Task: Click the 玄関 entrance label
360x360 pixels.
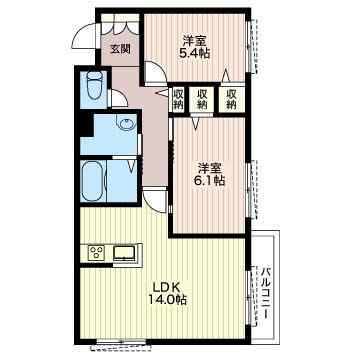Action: pos(120,49)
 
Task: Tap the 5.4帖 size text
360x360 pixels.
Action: pos(195,53)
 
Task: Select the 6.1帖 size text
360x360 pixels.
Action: pos(209,181)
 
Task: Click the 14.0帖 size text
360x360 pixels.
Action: pos(167,300)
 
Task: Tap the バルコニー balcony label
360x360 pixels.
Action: pos(266,293)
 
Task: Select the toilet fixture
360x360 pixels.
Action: pos(94,85)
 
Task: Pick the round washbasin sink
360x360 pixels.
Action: pos(127,124)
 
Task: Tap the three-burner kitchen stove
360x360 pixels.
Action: pos(97,252)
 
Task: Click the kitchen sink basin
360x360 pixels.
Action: pos(124,252)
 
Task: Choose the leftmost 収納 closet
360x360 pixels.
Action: pos(179,99)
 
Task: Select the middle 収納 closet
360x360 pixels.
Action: pos(201,99)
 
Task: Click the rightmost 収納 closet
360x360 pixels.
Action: pos(231,99)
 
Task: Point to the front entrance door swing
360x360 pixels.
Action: pos(84,36)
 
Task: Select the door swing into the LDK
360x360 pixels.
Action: pos(155,201)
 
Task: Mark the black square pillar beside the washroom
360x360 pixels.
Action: pos(86,124)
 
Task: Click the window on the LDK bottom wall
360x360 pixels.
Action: pos(121,342)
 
